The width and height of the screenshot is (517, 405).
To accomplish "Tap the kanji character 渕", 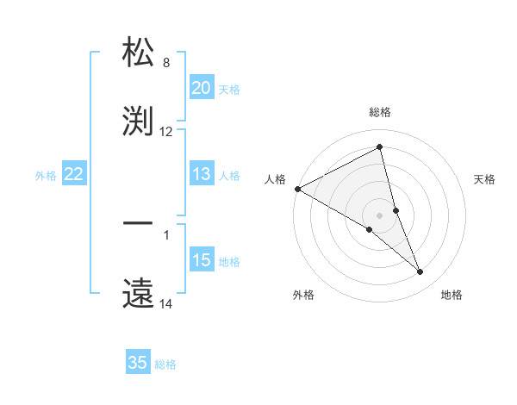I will (139, 119).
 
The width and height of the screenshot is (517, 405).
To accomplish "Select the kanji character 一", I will (139, 224).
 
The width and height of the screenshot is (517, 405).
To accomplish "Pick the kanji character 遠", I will (139, 290).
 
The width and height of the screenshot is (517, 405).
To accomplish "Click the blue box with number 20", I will (202, 88).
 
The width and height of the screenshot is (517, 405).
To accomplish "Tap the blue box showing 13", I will (202, 175).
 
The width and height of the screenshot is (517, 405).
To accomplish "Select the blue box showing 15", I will (202, 261).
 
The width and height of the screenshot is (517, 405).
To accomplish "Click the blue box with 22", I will (74, 175).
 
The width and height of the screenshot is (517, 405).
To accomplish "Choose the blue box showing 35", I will (138, 363).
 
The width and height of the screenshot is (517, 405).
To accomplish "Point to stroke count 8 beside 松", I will (166, 63).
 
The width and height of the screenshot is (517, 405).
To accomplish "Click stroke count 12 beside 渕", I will (166, 132).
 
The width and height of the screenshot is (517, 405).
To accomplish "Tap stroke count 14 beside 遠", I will (166, 304).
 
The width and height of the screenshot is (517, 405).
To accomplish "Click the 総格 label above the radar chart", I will (380, 112).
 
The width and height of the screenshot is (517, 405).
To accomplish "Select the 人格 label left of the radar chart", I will (275, 179).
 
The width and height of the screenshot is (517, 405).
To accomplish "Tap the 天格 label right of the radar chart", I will (484, 179).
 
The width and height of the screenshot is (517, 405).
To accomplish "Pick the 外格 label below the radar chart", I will (302, 295).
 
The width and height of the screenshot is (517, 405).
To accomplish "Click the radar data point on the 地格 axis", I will (420, 271).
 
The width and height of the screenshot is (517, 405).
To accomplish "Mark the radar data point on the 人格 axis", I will (297, 189).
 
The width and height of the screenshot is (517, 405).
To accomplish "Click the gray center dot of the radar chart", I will (380, 215).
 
